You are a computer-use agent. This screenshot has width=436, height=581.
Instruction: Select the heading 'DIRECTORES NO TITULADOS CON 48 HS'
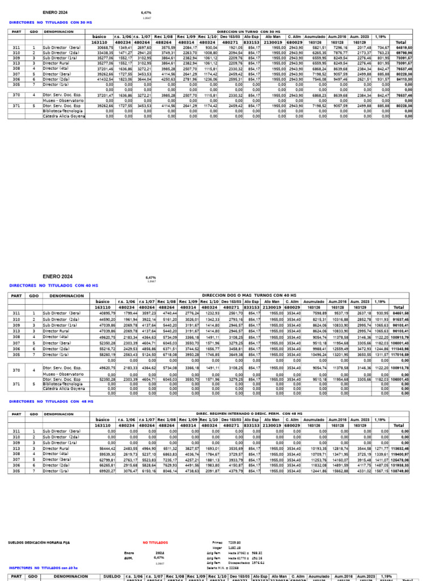click(x=51, y=401)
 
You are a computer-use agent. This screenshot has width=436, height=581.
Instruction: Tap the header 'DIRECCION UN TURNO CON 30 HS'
click(x=250, y=32)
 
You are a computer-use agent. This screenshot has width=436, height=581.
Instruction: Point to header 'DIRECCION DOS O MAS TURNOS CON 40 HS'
click(x=250, y=296)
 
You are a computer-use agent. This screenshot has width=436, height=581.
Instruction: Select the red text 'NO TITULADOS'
click(x=154, y=542)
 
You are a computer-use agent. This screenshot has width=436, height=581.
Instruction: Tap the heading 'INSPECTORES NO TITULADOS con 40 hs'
click(x=43, y=567)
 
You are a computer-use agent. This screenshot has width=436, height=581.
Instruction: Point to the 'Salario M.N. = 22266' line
click(x=225, y=567)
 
